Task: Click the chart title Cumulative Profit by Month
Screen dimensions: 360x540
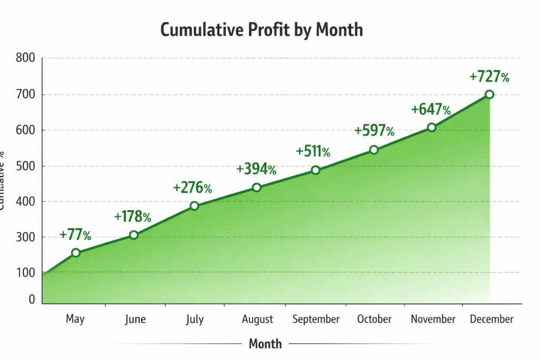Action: pyautogui.click(x=262, y=30)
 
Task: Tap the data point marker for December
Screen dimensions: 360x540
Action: pyautogui.click(x=489, y=94)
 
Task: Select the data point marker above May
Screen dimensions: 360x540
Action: pyautogui.click(x=76, y=253)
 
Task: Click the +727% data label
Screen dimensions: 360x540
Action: pyautogui.click(x=489, y=77)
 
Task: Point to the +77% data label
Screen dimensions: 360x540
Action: pyautogui.click(x=75, y=235)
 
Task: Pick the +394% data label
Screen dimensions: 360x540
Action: pyautogui.click(x=256, y=169)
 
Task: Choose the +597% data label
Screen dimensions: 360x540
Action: pyautogui.click(x=374, y=131)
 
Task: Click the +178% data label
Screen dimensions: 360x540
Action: pyautogui.click(x=132, y=217)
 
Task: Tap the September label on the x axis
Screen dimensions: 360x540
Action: pyautogui.click(x=316, y=319)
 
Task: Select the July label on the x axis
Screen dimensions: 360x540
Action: pyautogui.click(x=195, y=319)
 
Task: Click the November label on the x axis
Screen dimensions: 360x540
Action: pyautogui.click(x=433, y=319)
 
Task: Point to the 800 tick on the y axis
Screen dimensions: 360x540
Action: pyautogui.click(x=25, y=58)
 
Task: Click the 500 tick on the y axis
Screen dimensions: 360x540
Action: pyautogui.click(x=25, y=166)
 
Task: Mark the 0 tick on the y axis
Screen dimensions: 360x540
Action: pyautogui.click(x=32, y=299)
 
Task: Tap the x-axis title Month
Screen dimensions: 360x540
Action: pyautogui.click(x=265, y=344)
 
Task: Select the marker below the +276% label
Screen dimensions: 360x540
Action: pyautogui.click(x=194, y=206)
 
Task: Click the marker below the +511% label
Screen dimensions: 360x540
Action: pyautogui.click(x=315, y=170)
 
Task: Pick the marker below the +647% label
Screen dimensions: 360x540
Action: pyautogui.click(x=432, y=127)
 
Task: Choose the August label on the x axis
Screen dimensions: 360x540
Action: pyautogui.click(x=257, y=319)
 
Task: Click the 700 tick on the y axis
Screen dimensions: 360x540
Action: pyautogui.click(x=25, y=95)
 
